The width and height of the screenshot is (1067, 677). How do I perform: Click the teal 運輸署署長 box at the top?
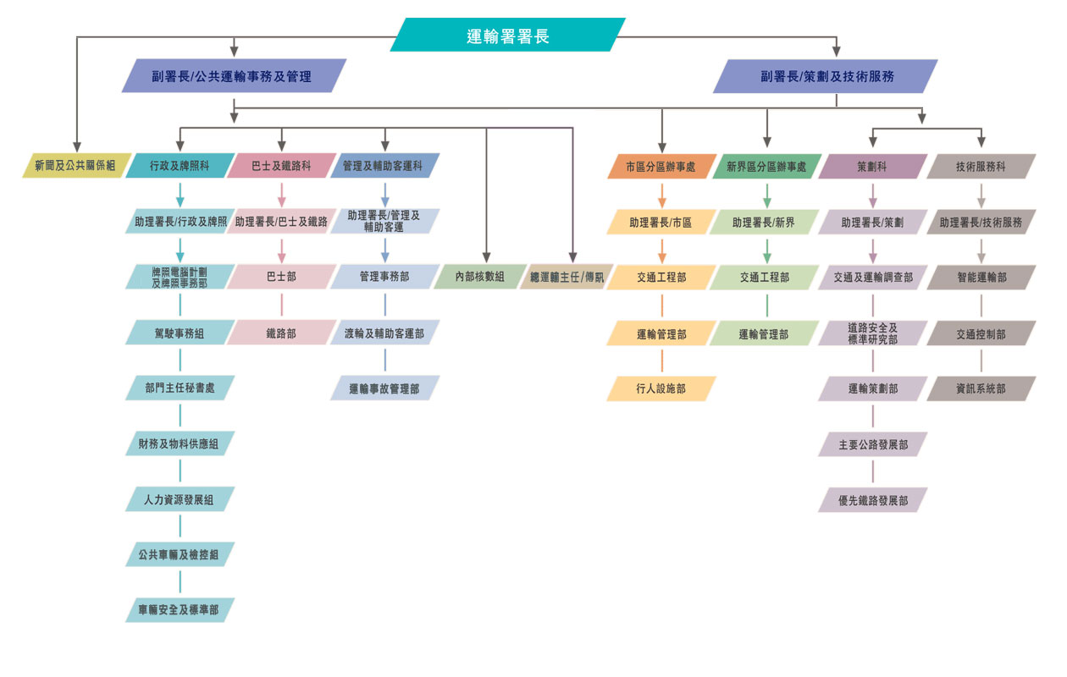[x=508, y=35]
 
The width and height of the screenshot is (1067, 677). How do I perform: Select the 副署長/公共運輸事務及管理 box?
[x=234, y=75]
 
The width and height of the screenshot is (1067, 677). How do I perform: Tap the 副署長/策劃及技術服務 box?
[x=826, y=76]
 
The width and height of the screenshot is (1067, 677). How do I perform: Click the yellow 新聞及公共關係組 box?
[x=76, y=165]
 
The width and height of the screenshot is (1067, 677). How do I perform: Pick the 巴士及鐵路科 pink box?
[x=281, y=165]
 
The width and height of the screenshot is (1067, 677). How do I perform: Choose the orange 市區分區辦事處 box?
[x=661, y=166]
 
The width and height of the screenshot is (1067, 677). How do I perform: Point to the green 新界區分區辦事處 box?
[x=766, y=166]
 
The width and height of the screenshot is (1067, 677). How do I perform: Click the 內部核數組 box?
[x=480, y=276]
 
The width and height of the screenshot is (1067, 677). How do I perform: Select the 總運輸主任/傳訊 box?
[x=567, y=277]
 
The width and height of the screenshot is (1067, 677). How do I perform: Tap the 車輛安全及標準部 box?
[x=180, y=610]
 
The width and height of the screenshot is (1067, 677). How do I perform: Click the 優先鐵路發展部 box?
[x=872, y=500]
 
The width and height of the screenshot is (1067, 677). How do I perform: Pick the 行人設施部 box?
[x=661, y=388]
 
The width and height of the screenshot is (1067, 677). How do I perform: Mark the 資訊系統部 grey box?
[x=981, y=388]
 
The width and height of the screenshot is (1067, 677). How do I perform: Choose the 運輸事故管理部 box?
[x=384, y=388]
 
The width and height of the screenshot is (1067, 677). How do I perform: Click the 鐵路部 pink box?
[x=281, y=333]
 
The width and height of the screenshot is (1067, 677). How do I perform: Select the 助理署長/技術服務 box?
[x=981, y=222]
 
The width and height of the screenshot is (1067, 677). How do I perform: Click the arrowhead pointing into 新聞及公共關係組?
[x=77, y=147]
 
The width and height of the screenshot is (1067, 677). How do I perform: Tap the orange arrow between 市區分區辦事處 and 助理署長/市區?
[x=661, y=195]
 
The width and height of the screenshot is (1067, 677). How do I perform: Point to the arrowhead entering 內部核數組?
[x=486, y=257]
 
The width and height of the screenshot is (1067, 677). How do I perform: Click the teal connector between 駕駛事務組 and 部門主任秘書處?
[x=180, y=360]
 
